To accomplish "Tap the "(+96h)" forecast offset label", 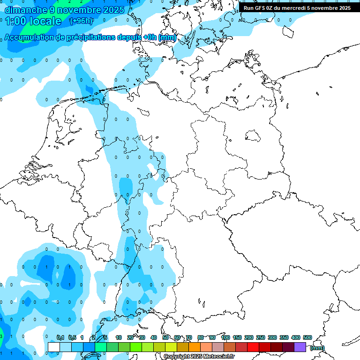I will point(81,21).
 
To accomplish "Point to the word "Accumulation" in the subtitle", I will point(29,37).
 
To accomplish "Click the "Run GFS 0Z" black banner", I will point(297,7).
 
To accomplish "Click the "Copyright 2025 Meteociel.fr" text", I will point(199,356).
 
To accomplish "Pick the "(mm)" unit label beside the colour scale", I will point(317,348).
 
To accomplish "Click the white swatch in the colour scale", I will point(54,347).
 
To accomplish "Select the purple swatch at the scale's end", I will point(300,347).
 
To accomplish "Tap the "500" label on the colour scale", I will point(307,337).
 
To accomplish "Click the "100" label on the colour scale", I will point(225,337).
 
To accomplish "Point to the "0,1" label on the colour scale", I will point(60,337).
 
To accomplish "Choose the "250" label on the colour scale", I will point(261,337).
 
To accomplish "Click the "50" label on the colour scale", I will point(165,337).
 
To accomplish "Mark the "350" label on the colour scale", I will point(284,337).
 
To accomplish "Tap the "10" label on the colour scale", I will point(119,337).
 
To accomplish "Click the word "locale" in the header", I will point(46,21).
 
